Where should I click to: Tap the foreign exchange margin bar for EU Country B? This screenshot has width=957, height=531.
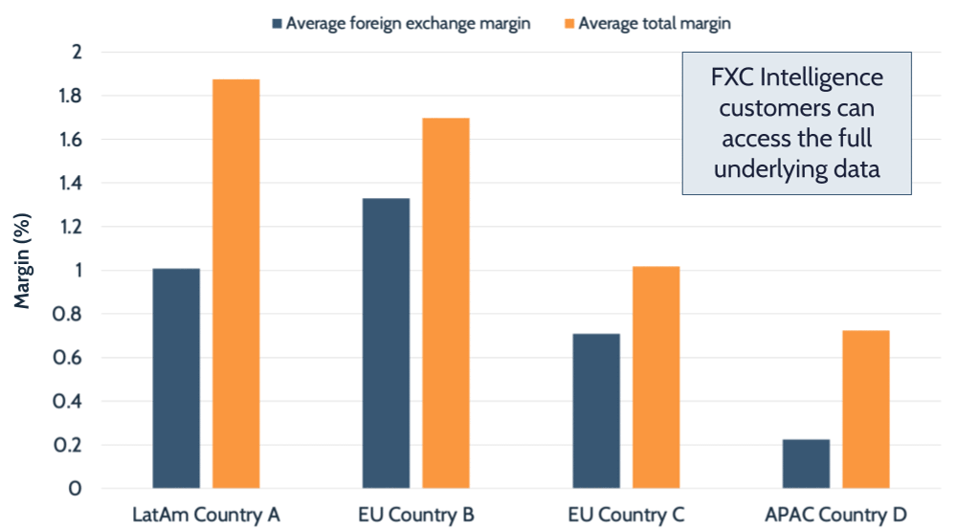386,343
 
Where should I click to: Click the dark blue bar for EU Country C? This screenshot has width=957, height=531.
595,411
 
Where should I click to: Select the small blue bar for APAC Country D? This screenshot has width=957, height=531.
806,464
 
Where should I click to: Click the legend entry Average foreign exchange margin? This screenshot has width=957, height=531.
401,24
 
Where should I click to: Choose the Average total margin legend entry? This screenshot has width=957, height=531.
645,24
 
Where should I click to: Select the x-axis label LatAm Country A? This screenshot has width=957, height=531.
206,515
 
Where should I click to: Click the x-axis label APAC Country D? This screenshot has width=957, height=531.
835,515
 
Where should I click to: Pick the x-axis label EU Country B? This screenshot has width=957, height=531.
415,515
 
